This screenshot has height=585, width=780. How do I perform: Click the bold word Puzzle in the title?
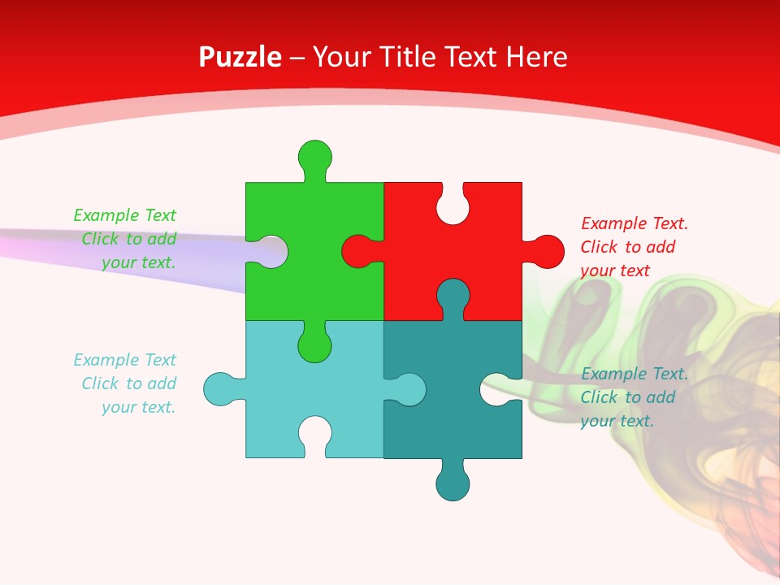(x=240, y=57)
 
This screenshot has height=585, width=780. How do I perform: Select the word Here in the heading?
(x=535, y=57)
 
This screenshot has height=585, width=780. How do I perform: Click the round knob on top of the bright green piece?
(x=314, y=155)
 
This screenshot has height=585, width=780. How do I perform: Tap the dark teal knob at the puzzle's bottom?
(x=453, y=483)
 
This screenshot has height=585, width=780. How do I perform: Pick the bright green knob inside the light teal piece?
(x=314, y=344)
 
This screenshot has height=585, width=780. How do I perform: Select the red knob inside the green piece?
(x=358, y=251)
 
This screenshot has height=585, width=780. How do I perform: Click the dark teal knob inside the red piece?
(x=453, y=295)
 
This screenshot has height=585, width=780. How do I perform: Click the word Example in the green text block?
(x=106, y=215)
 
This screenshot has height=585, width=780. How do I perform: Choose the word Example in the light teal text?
(x=106, y=360)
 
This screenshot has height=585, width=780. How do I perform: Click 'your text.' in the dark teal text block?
(x=617, y=421)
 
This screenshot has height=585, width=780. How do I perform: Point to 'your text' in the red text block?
(x=615, y=271)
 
